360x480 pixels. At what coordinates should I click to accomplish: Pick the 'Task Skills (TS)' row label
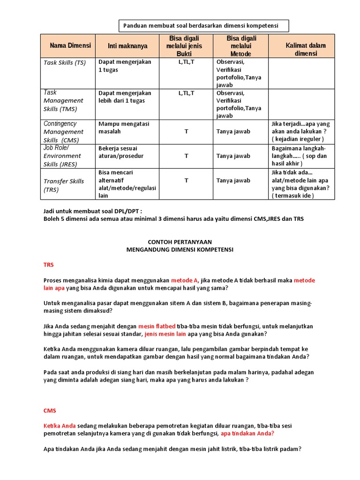[65, 62]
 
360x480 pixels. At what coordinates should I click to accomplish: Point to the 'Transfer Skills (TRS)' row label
[64, 185]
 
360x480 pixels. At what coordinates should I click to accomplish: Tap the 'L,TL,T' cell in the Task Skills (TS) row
[186, 62]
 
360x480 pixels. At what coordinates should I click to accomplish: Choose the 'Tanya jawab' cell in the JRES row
[233, 156]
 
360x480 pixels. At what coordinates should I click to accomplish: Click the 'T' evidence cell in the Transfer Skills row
[186, 180]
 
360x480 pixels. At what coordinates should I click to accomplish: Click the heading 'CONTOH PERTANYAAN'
[180, 242]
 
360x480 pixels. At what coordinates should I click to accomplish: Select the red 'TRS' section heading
[49, 265]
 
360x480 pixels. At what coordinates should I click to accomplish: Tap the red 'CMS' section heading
[50, 410]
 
